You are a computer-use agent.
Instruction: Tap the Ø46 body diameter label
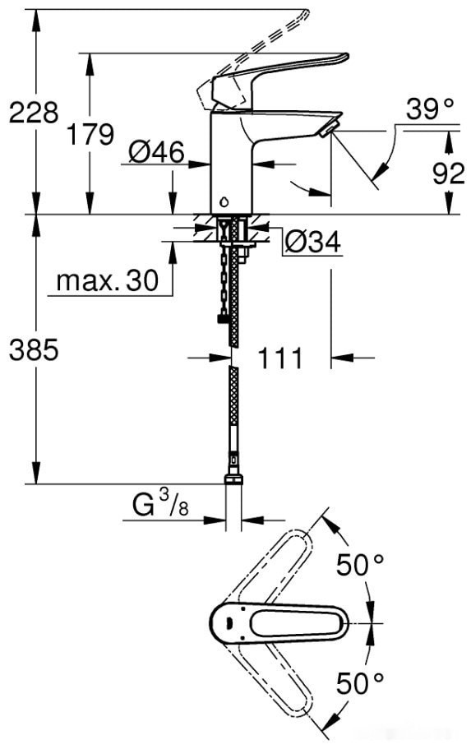click(156, 150)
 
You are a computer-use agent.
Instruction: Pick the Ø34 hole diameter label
click(312, 242)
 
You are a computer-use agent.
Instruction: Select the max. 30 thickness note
click(107, 282)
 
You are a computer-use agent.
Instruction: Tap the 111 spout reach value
click(279, 358)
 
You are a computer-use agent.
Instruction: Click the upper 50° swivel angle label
click(361, 565)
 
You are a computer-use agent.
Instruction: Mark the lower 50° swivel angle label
click(361, 682)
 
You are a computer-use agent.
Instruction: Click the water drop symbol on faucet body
click(227, 201)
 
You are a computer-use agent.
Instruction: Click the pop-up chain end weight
click(220, 320)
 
